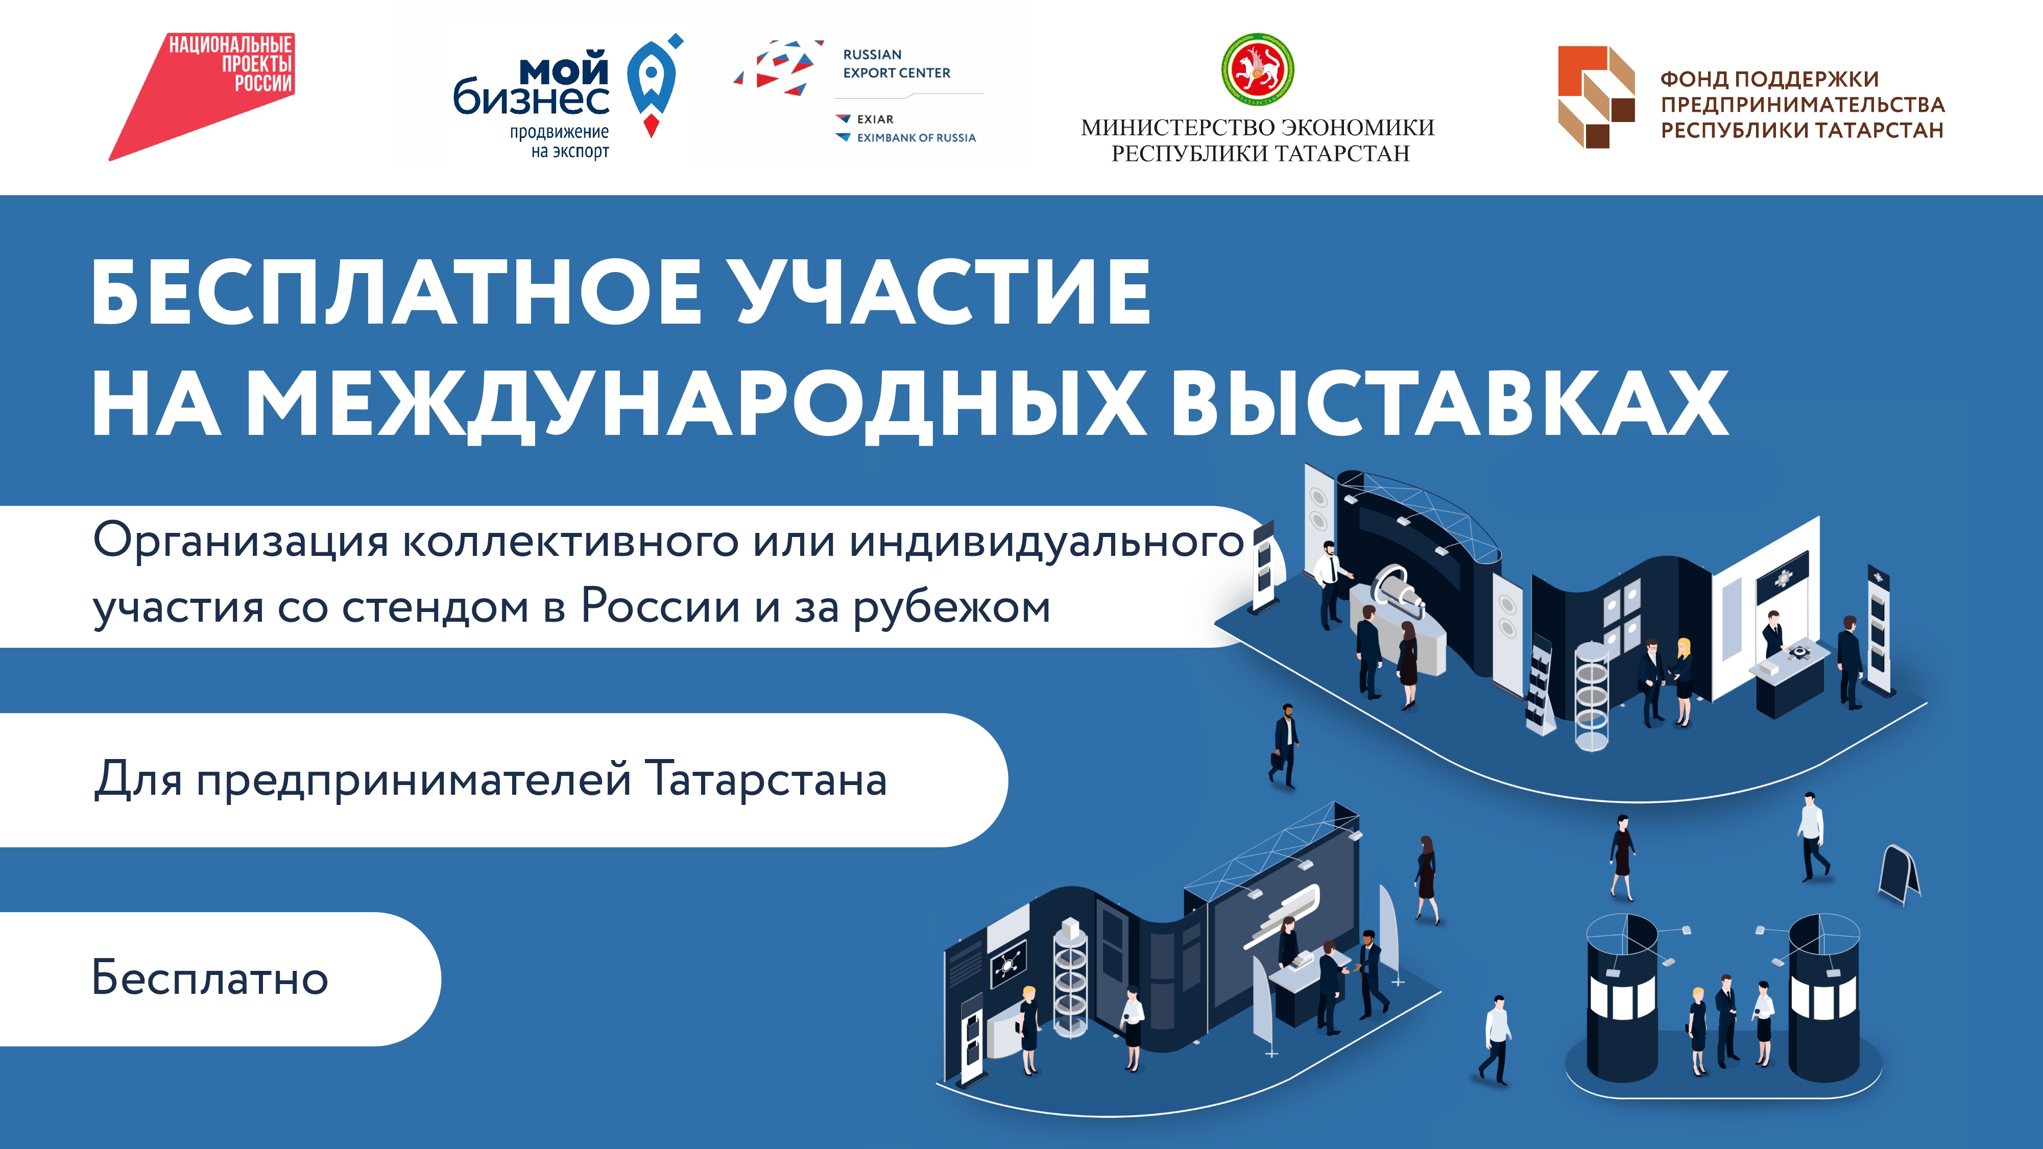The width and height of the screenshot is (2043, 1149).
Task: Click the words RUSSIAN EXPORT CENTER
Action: (896, 63)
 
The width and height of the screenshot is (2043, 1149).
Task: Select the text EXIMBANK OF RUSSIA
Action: (916, 137)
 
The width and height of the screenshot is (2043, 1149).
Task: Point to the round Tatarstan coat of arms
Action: (1258, 69)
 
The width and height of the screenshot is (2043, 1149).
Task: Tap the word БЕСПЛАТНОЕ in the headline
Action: (397, 292)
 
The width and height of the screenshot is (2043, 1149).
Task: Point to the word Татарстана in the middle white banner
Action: (765, 779)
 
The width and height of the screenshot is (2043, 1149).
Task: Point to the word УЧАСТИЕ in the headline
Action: (944, 292)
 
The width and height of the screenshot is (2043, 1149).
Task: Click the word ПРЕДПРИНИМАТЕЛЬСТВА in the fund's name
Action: (1802, 104)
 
